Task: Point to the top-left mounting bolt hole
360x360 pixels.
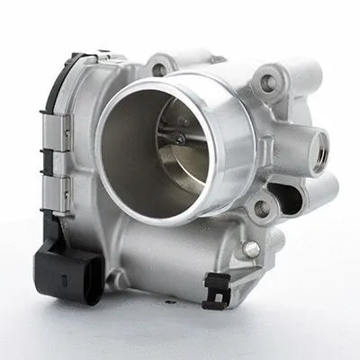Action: coord(159,68)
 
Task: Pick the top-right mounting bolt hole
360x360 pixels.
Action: coord(267,84)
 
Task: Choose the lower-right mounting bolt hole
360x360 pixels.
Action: coord(261,209)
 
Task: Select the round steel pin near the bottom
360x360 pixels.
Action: coord(252,248)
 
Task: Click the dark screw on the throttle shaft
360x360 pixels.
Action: coord(181,139)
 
